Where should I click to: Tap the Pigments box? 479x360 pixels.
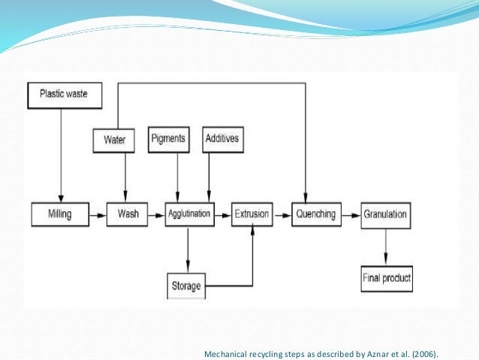[x=168, y=139]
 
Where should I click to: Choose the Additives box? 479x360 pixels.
[x=224, y=139]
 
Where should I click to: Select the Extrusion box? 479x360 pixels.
[x=251, y=214]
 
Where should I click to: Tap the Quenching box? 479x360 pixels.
[x=315, y=214]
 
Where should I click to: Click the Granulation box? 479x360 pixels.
[x=385, y=214]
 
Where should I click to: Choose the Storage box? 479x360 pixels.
[x=185, y=285]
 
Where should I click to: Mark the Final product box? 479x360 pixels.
[x=387, y=279]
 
